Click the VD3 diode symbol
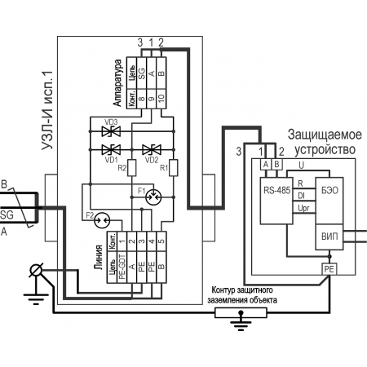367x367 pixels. [111, 131]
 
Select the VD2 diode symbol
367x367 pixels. [152, 149]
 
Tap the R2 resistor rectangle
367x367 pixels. [131, 168]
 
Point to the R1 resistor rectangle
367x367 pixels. [174, 168]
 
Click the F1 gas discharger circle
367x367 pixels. [153, 197]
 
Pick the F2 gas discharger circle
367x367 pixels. [102, 220]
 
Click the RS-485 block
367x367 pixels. [276, 201]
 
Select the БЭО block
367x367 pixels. [329, 201]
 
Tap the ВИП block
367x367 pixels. [329, 237]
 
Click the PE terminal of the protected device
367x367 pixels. [329, 269]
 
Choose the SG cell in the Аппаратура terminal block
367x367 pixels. [142, 73]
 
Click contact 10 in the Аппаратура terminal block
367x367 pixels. [161, 99]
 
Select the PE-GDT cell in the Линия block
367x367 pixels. [122, 268]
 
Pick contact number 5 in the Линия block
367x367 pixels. [161, 241]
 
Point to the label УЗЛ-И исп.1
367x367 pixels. [48, 110]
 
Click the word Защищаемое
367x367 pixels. [325, 135]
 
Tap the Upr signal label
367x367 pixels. [303, 208]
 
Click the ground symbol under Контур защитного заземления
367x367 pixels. [241, 321]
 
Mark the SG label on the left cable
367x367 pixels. [7, 215]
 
